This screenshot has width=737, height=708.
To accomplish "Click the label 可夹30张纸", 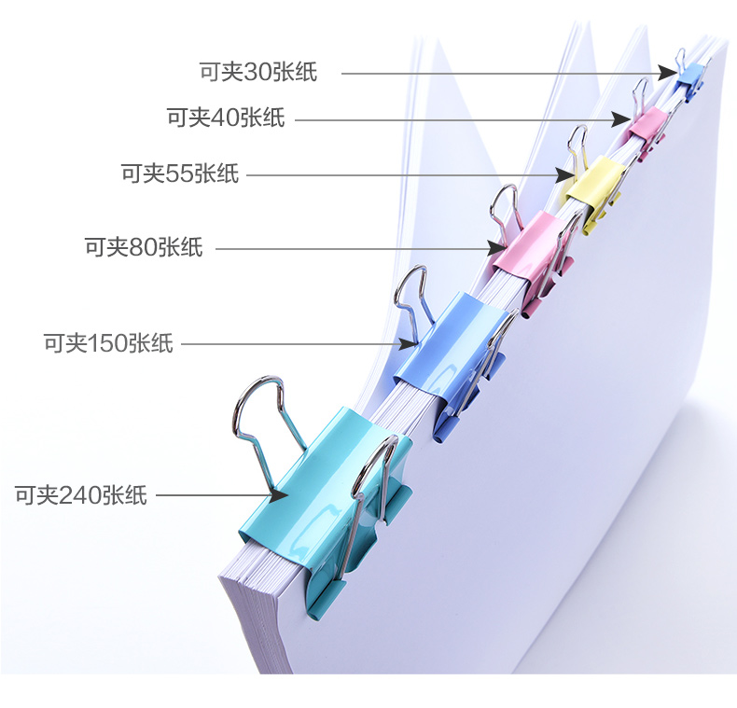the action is point(258,72).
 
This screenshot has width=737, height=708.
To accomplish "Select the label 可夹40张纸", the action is point(226,118).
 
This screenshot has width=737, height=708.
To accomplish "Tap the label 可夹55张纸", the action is point(180,174).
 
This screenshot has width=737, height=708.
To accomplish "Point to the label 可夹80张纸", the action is point(144,247).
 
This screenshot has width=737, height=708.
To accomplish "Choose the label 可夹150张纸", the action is point(108,343).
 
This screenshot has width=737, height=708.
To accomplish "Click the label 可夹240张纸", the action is point(81,495).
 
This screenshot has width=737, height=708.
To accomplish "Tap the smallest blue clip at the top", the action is point(690,80).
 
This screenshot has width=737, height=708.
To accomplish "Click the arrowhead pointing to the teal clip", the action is point(279,495).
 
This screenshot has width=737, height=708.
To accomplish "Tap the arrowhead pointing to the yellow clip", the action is point(564,175).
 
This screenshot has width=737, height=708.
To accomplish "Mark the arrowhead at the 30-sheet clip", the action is point(668,74).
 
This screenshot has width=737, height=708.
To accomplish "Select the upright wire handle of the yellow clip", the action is point(578,146).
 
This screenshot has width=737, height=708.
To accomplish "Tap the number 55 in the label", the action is point(179,174).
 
